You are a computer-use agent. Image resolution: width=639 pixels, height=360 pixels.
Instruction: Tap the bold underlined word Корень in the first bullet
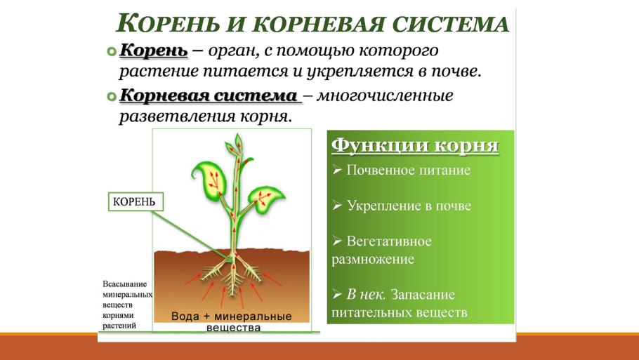coord(153,51)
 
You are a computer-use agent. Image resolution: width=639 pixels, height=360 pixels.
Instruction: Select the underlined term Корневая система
coord(209,95)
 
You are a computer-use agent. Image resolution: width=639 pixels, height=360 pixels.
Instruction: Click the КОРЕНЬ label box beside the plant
coord(135,202)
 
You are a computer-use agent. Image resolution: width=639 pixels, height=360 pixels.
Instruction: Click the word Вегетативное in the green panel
coord(388,241)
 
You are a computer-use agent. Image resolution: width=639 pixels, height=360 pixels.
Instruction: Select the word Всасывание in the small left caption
coord(125,284)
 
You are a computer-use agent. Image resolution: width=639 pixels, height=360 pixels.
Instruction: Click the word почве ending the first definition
coord(457,72)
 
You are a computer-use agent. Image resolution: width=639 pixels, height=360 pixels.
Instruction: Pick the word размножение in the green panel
coord(373,260)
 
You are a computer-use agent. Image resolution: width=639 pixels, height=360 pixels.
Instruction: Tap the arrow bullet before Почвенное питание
coord(336,171)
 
